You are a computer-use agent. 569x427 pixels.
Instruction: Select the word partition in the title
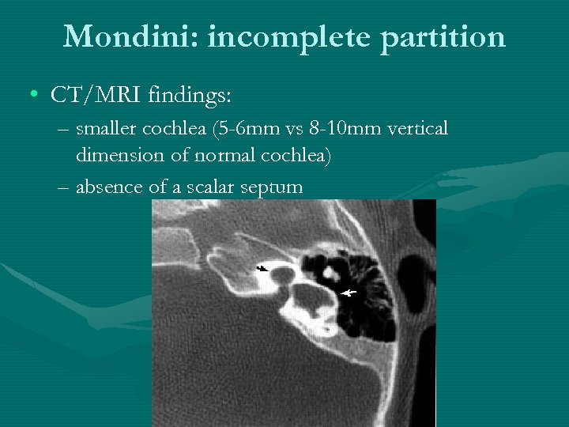click(443, 36)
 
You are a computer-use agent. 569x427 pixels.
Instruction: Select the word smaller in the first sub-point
click(108, 129)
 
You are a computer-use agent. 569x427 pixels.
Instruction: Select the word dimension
click(115, 157)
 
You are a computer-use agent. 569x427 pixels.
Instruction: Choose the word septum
click(273, 188)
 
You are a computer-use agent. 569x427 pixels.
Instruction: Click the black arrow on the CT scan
click(261, 269)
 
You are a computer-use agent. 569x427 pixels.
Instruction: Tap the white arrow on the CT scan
click(348, 293)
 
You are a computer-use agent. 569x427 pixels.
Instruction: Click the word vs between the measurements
click(297, 129)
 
